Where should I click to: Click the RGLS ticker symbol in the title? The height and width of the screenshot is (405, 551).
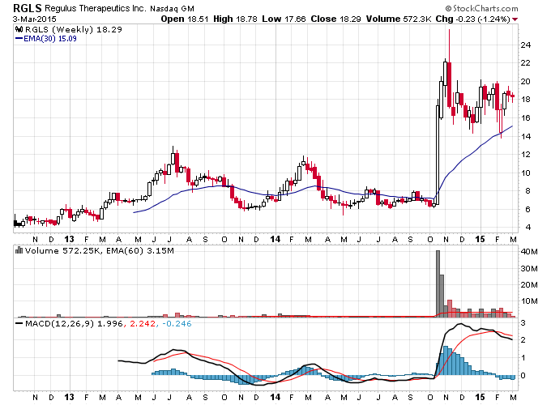click(27, 8)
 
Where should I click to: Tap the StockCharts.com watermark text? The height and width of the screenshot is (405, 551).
click(481, 8)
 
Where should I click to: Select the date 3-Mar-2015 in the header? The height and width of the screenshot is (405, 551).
click(34, 19)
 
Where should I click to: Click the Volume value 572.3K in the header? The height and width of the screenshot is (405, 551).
click(416, 19)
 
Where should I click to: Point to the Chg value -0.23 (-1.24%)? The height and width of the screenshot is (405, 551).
click(482, 19)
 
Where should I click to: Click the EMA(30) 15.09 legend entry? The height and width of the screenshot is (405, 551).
click(46, 39)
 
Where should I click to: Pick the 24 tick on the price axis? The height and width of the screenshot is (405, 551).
click(525, 45)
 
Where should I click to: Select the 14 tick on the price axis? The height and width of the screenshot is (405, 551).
click(525, 136)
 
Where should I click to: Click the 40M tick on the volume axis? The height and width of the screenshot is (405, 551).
click(529, 251)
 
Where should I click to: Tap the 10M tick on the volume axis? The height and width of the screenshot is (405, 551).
click(529, 301)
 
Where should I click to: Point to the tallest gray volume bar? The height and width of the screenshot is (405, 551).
click(438, 283)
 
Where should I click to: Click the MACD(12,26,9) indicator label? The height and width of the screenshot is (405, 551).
click(59, 323)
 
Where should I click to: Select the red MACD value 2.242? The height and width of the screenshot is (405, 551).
click(143, 323)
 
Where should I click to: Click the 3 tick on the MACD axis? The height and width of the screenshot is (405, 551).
click(523, 323)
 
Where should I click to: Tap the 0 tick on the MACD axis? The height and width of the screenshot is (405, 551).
click(523, 376)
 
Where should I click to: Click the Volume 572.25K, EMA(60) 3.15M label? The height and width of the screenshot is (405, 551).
click(100, 251)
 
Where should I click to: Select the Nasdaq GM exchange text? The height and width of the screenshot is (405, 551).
click(172, 8)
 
